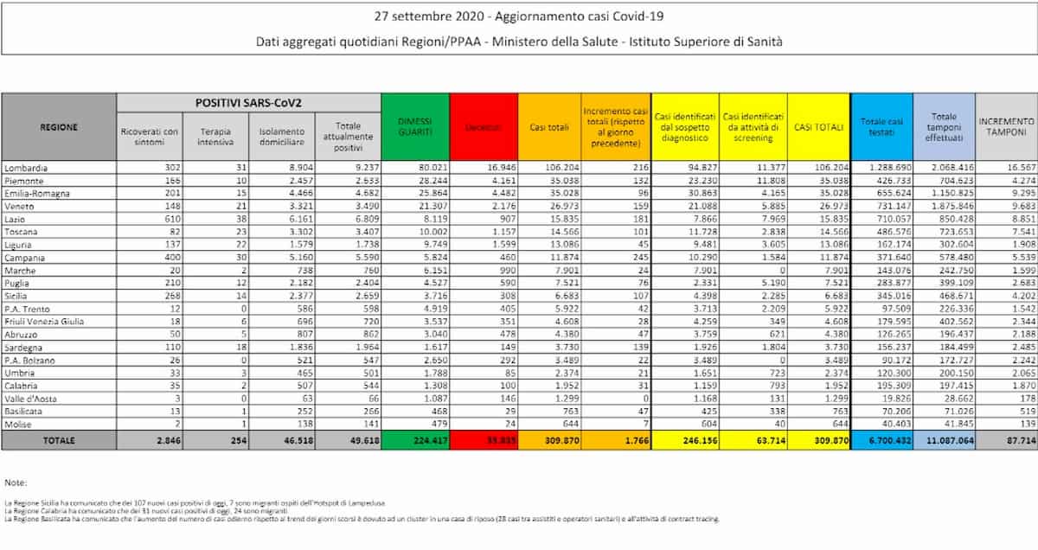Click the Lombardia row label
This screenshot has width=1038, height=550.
coord(26,167)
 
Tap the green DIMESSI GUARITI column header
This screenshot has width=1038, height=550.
coord(416,126)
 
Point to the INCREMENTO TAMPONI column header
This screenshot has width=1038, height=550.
coord(1006,128)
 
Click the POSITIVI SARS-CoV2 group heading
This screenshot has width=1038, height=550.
coord(250,102)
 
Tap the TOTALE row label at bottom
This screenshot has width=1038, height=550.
coord(59,440)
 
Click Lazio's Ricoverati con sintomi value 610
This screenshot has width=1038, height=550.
coord(169,221)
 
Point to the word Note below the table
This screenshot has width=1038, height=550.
coord(16,482)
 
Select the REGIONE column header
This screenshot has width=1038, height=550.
coord(59,127)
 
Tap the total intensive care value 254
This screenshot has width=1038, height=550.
coord(239,440)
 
